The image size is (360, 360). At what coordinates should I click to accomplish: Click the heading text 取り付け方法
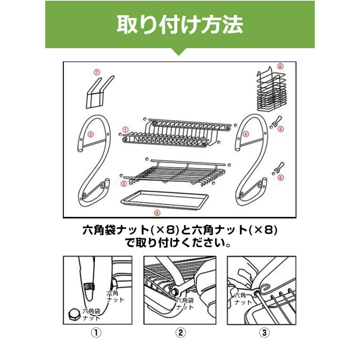click(180, 24)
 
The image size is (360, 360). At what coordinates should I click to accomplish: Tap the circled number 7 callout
click(96, 72)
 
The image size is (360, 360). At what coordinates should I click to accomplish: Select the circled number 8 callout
click(280, 66)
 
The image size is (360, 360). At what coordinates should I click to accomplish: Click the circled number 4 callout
click(246, 134)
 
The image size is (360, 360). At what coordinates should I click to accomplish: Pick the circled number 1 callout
click(125, 130)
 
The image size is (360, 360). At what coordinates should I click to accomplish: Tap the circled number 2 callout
click(124, 184)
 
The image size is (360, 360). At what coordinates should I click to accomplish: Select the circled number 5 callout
click(281, 129)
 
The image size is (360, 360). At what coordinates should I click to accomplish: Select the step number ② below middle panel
click(180, 332)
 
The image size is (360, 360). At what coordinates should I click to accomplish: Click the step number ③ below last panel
click(264, 332)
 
